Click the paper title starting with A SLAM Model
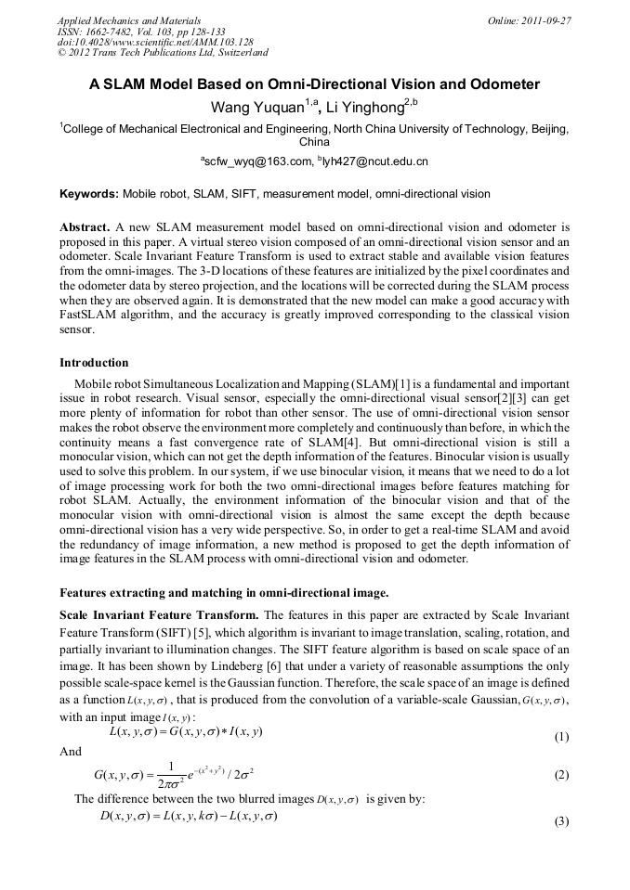(314, 84)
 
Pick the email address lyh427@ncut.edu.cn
(374, 161)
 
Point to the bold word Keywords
(88, 194)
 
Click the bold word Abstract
(85, 226)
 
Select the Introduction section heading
(94, 363)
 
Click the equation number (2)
(560, 775)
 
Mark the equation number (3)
(560, 821)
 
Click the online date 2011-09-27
(542, 20)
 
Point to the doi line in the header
(155, 43)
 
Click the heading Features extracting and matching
(224, 592)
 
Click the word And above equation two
(71, 753)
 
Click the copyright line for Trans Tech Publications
(163, 53)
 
